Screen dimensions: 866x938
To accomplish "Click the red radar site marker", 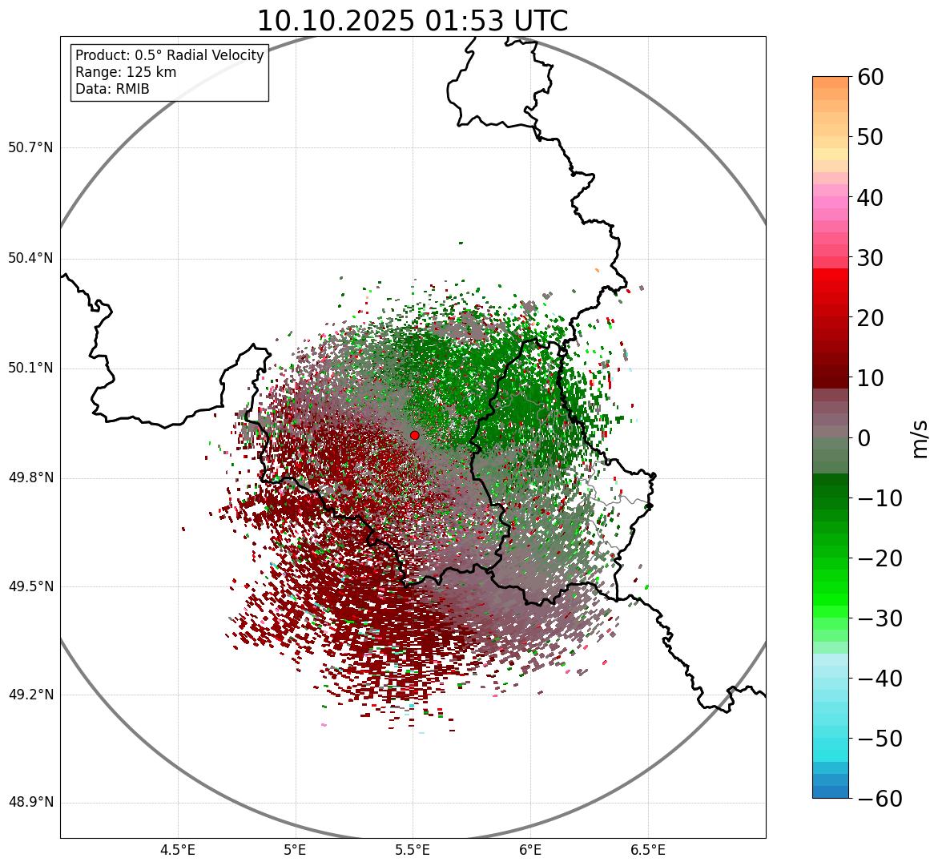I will tap(414, 435).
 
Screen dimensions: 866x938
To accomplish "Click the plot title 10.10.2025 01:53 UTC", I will tap(412, 21).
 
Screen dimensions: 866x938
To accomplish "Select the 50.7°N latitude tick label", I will tap(30, 148).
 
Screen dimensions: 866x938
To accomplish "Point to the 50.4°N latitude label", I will tap(30, 259).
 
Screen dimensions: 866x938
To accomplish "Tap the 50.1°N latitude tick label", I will tap(30, 369).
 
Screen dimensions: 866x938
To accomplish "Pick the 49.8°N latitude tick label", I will tap(30, 478).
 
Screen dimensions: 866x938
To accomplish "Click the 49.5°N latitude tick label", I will tap(30, 587).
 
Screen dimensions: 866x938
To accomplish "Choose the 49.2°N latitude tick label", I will tap(30, 695).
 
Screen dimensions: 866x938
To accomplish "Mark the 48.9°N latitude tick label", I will tap(30, 803).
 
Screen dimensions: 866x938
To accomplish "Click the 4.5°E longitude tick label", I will tap(178, 850).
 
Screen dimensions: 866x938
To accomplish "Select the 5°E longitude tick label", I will tap(296, 850).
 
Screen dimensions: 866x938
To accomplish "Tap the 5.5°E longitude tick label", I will tap(413, 850).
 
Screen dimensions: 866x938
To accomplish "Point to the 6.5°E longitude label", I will tap(647, 850).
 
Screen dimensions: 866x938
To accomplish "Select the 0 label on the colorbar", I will tap(864, 438).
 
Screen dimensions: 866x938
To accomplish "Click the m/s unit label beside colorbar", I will tap(920, 437).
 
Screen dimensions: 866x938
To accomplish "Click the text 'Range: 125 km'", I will tap(126, 72).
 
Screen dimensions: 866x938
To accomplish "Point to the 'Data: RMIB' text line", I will tap(112, 89).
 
